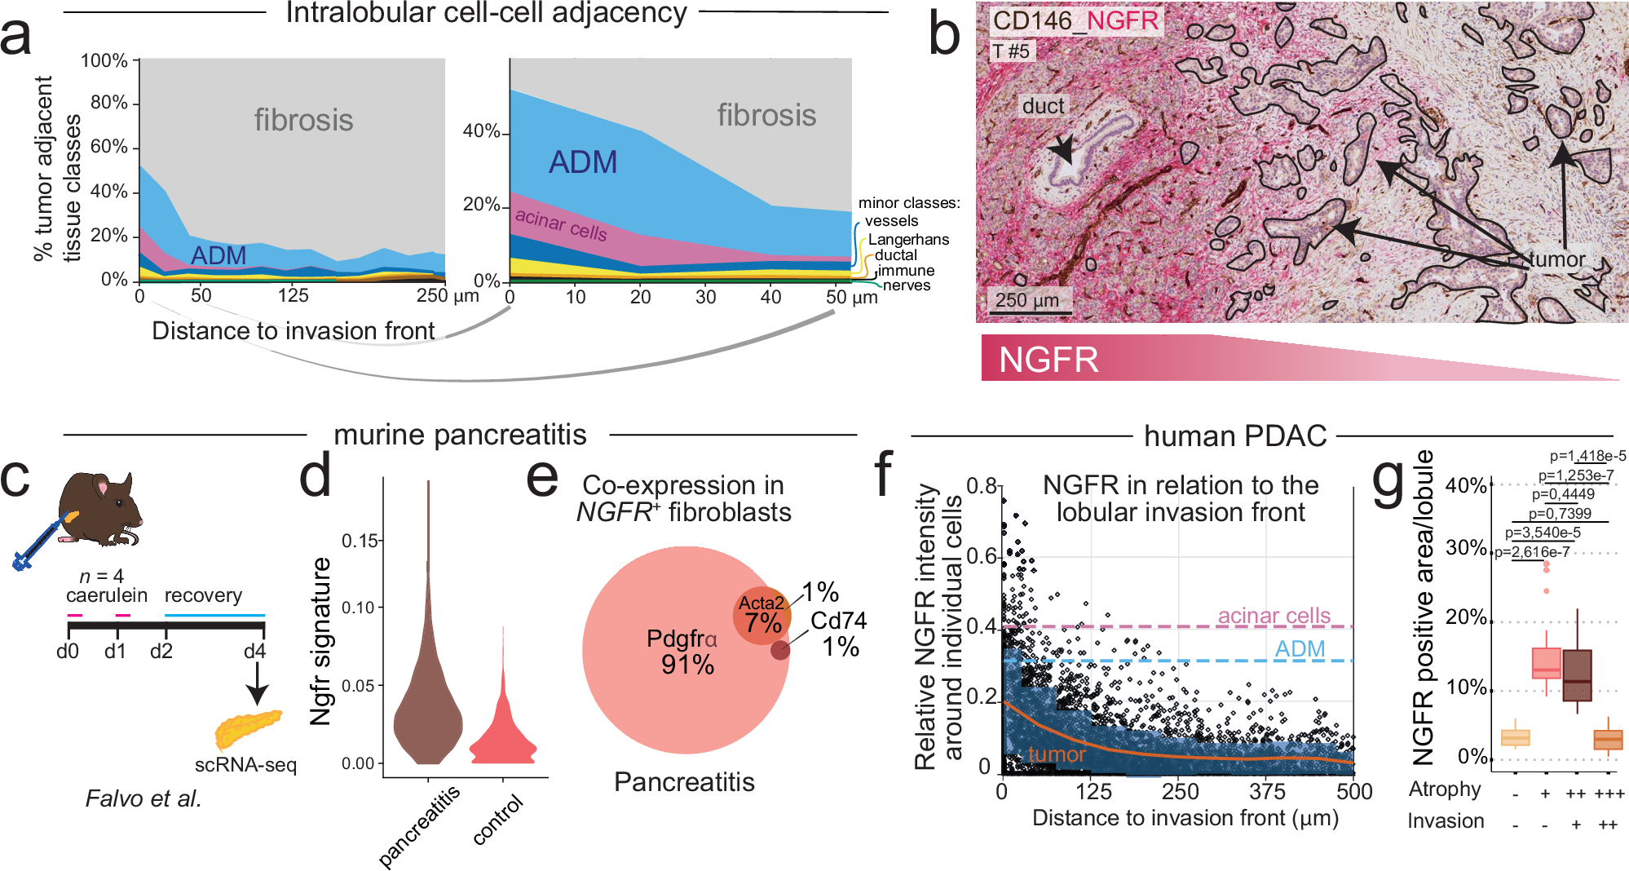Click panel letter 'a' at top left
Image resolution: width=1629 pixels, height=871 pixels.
tap(18, 36)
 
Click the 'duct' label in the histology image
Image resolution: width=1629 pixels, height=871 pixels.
tap(1043, 106)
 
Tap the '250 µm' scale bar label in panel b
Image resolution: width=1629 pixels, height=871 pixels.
tap(1026, 300)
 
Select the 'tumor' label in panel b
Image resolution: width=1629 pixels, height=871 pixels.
tap(1556, 259)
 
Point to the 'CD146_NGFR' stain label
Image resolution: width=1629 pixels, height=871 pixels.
tap(1075, 20)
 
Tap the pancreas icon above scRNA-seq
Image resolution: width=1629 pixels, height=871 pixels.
tap(247, 728)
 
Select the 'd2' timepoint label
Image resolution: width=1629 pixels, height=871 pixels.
tap(161, 652)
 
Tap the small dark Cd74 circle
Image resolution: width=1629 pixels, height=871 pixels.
tap(780, 650)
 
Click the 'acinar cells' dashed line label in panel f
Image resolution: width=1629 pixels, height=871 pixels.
tap(1274, 616)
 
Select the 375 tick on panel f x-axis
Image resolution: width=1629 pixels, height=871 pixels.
tap(1267, 791)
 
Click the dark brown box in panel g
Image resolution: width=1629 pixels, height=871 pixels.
tap(1577, 675)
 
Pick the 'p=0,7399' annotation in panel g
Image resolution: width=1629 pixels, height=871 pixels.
tap(1560, 513)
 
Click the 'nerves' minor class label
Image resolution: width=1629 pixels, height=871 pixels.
tap(907, 285)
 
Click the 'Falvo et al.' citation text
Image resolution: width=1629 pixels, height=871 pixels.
tap(143, 798)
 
